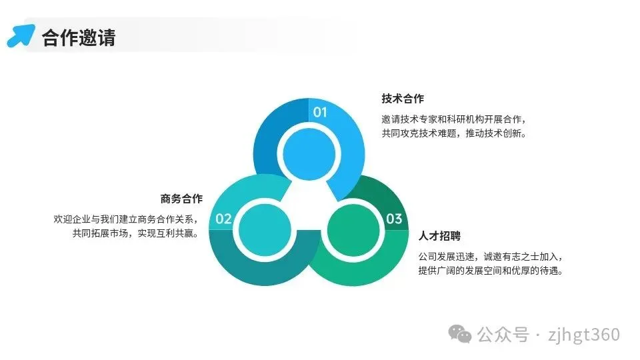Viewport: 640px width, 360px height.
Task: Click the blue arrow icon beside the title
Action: click(21, 35)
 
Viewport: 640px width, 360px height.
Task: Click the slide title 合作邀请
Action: click(79, 37)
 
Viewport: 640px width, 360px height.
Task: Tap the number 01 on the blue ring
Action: click(321, 112)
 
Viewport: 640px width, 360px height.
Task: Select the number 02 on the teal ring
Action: click(223, 219)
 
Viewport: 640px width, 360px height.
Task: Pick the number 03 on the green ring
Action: click(394, 219)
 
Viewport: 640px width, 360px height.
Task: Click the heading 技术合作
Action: click(403, 99)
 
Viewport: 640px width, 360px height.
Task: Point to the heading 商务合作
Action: click(181, 199)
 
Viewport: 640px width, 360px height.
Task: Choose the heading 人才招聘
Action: click(439, 236)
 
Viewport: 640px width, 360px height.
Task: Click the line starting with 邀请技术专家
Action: click(454, 119)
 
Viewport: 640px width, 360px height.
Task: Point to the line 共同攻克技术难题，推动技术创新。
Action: click(454, 133)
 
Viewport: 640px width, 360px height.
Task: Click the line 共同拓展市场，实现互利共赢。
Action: click(136, 233)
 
